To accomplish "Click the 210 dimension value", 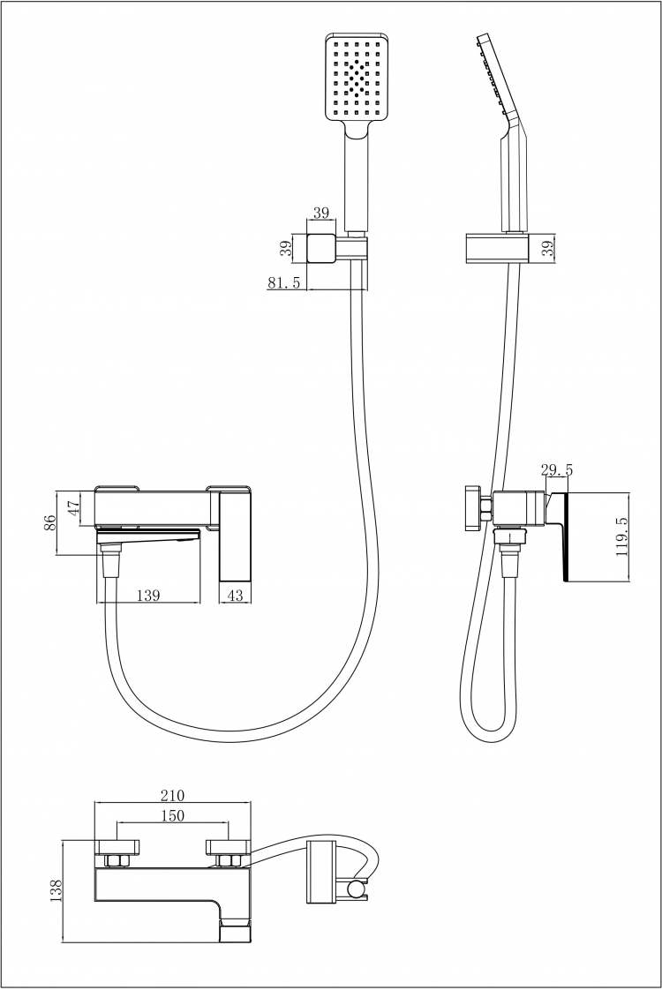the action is coord(172,795).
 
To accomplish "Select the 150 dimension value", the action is coord(172,816).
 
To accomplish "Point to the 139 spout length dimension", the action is coord(147,595).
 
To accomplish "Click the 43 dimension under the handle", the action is coord(235,595).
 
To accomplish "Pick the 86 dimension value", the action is coord(50,521).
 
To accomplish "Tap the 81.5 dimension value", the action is coord(283,282).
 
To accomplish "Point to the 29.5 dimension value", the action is coord(556,470).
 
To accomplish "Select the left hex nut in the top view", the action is coord(117,861).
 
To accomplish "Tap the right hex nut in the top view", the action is coord(227,861).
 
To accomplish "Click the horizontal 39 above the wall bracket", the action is coord(321,214).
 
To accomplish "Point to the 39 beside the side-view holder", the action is coord(547,247).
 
